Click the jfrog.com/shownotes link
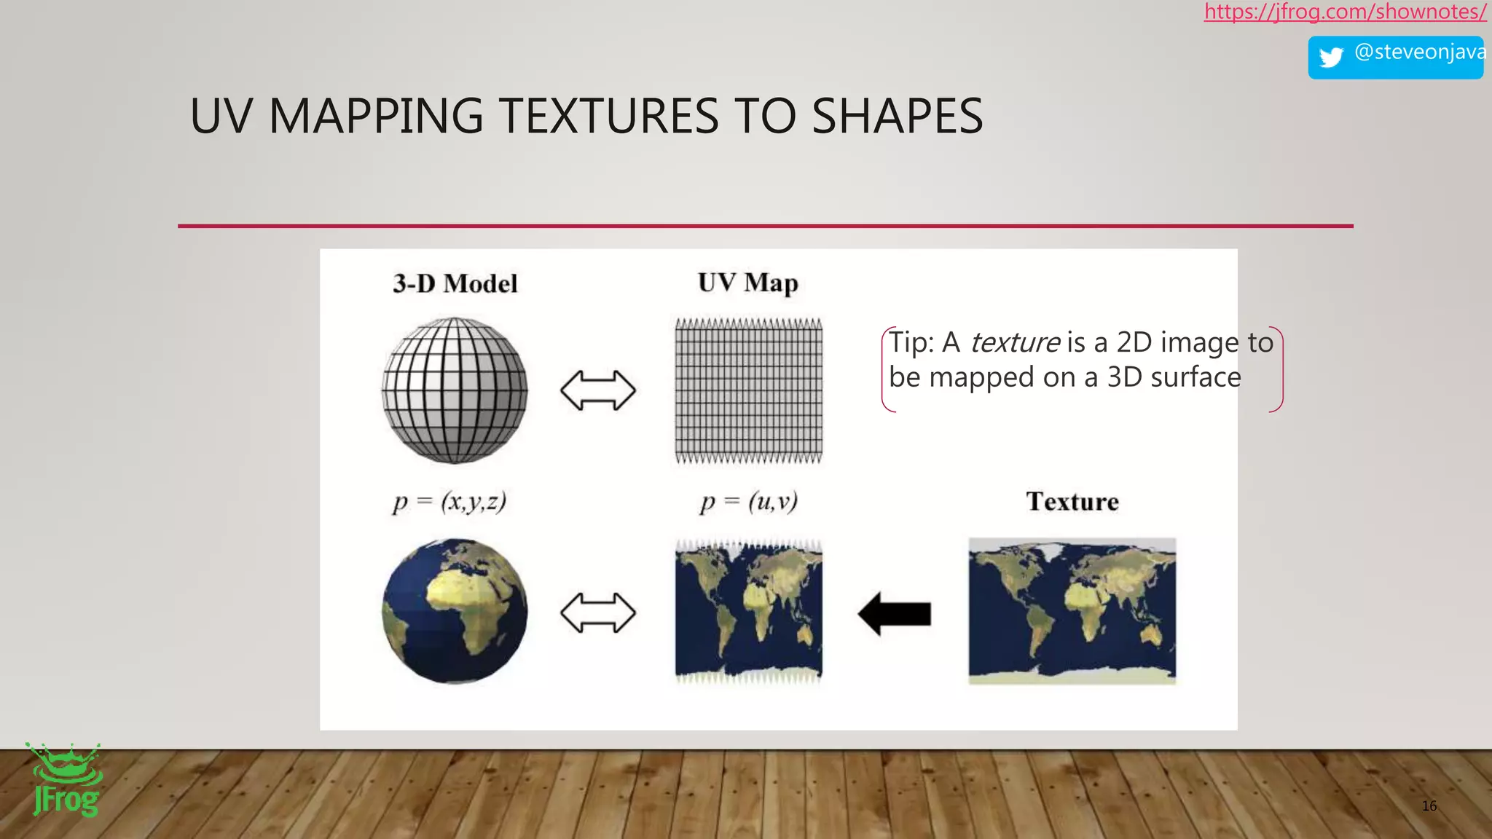[x=1345, y=12]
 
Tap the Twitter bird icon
[x=1331, y=57]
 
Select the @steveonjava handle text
[x=1419, y=52]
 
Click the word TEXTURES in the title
[x=610, y=117]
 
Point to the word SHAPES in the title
[x=897, y=117]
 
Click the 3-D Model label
[x=455, y=283]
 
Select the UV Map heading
[x=748, y=283]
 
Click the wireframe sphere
[x=455, y=390]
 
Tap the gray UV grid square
[x=749, y=390]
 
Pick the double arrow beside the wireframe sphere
[x=598, y=390]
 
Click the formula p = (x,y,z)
[x=449, y=502]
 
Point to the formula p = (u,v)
[x=749, y=502]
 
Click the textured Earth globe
[x=455, y=611]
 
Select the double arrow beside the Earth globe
[x=598, y=612]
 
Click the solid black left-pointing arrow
[x=895, y=613]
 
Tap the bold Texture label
[x=1072, y=502]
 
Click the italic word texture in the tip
[x=1015, y=342]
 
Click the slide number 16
[x=1429, y=805]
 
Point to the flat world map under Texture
[x=1072, y=611]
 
